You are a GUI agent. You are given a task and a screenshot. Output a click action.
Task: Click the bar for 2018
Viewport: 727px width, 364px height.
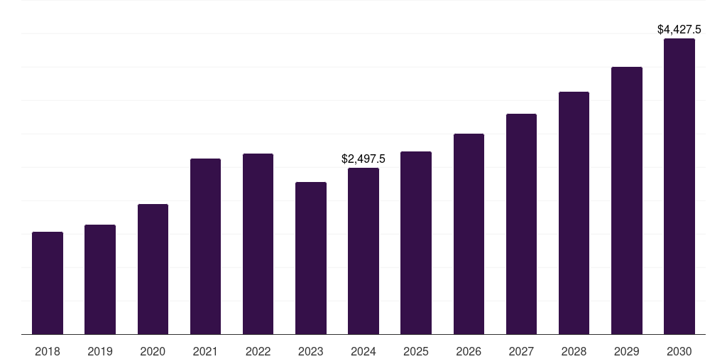click(48, 283)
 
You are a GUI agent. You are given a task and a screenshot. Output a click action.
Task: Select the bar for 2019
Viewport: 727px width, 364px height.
click(100, 279)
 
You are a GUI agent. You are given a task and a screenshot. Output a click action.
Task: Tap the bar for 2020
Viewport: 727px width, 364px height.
click(153, 269)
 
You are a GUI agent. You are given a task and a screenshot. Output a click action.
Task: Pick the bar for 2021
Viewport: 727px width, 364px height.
click(205, 247)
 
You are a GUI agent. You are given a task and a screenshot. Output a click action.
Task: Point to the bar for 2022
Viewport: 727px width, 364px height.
click(258, 244)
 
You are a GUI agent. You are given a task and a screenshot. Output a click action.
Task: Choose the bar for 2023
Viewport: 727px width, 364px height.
click(311, 258)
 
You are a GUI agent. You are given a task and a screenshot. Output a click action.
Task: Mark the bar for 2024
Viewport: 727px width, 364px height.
click(363, 251)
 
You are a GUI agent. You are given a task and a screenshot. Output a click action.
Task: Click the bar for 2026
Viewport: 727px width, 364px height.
click(469, 234)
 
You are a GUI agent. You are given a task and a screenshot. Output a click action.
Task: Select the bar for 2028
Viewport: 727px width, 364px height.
click(574, 213)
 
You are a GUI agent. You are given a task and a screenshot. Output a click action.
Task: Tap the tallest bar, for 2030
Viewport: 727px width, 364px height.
click(679, 186)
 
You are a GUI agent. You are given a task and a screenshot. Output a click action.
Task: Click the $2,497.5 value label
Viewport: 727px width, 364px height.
click(363, 159)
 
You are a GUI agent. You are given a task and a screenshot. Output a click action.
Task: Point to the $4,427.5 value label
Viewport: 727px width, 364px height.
click(679, 30)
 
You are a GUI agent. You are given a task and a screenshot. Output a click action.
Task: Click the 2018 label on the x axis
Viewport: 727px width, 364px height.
click(48, 351)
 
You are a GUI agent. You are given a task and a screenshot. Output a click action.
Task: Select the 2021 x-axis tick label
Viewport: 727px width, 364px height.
click(205, 351)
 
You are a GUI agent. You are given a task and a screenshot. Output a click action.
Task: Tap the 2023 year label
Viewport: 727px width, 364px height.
click(311, 351)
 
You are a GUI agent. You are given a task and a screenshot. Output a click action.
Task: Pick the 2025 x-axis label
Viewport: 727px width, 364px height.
click(416, 351)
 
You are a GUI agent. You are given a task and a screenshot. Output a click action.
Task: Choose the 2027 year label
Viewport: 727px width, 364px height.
click(521, 351)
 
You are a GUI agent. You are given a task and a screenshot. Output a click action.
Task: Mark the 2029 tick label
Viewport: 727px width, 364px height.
click(626, 351)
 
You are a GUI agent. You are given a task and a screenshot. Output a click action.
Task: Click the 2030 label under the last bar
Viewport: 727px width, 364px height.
click(679, 351)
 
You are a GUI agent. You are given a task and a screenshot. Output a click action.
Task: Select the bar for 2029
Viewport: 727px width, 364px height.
click(626, 200)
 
